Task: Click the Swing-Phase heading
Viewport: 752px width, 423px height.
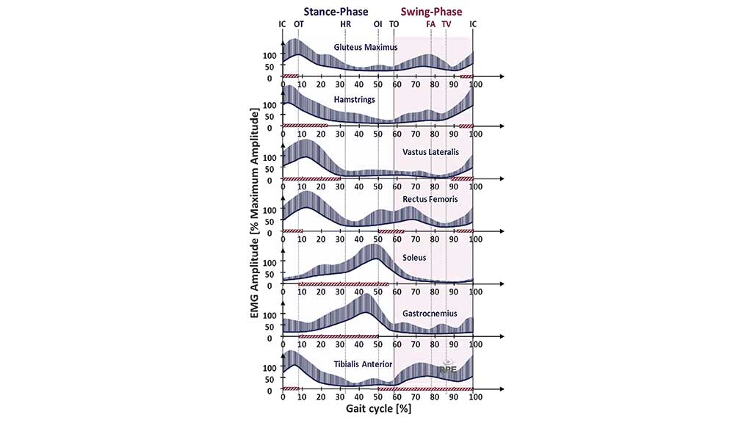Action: click(x=431, y=11)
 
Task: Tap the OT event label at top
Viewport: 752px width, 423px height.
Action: click(x=298, y=23)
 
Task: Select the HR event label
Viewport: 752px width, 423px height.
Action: click(x=345, y=23)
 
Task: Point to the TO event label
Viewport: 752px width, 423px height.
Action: click(x=394, y=23)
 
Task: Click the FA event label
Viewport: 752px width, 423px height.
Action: click(x=431, y=23)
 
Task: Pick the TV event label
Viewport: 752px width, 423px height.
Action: click(x=446, y=23)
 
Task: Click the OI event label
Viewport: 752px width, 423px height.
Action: click(x=377, y=23)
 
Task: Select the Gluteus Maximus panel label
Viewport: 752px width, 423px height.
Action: click(x=365, y=47)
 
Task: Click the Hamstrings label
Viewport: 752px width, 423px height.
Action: click(x=356, y=98)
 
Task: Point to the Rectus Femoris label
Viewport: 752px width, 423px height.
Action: click(x=430, y=199)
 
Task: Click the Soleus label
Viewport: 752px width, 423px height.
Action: click(x=414, y=258)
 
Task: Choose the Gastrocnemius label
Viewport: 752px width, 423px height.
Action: click(x=430, y=314)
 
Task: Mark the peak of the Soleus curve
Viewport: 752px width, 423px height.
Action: click(x=375, y=258)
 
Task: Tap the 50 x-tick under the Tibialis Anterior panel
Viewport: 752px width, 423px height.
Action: click(x=378, y=397)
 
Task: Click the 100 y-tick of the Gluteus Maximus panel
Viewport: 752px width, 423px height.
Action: click(x=269, y=55)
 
